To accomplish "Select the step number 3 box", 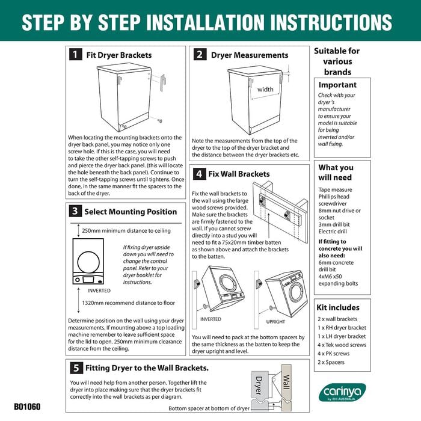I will (75, 212).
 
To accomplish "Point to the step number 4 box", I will (198, 174).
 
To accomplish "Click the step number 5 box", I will (75, 368).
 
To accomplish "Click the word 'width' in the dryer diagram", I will (265, 90).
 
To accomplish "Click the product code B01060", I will (27, 407).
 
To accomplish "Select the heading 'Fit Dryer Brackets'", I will (119, 55).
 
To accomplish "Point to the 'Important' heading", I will (337, 85).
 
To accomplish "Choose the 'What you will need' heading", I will (336, 173).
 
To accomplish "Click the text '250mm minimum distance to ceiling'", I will (126, 230).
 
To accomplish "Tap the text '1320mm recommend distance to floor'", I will (129, 304).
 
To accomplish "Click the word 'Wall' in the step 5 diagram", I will (287, 383).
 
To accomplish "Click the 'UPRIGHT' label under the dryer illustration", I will (276, 322).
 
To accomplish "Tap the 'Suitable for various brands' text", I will (337, 61).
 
